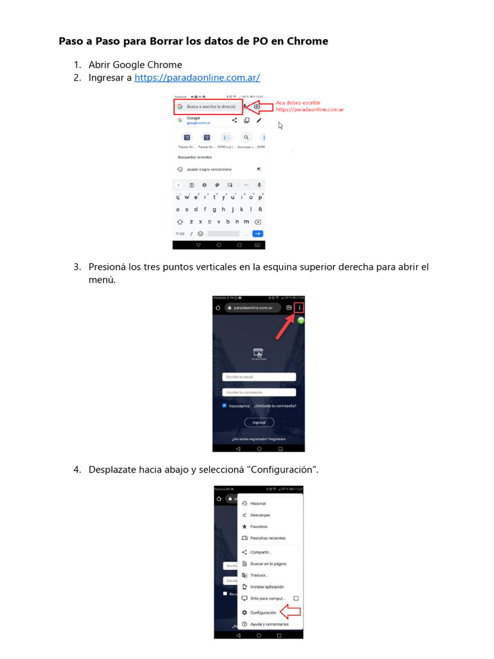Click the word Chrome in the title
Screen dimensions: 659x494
click(x=307, y=41)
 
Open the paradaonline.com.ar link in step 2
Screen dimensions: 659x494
click(x=197, y=78)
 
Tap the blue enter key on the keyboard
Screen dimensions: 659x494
click(x=257, y=234)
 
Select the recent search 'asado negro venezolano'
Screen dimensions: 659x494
click(x=209, y=169)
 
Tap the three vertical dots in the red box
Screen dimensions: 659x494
click(x=299, y=308)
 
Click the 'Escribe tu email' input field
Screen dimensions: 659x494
click(x=259, y=377)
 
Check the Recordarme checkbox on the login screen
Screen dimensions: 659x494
click(x=224, y=406)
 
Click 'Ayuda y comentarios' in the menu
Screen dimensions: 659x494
click(x=269, y=624)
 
